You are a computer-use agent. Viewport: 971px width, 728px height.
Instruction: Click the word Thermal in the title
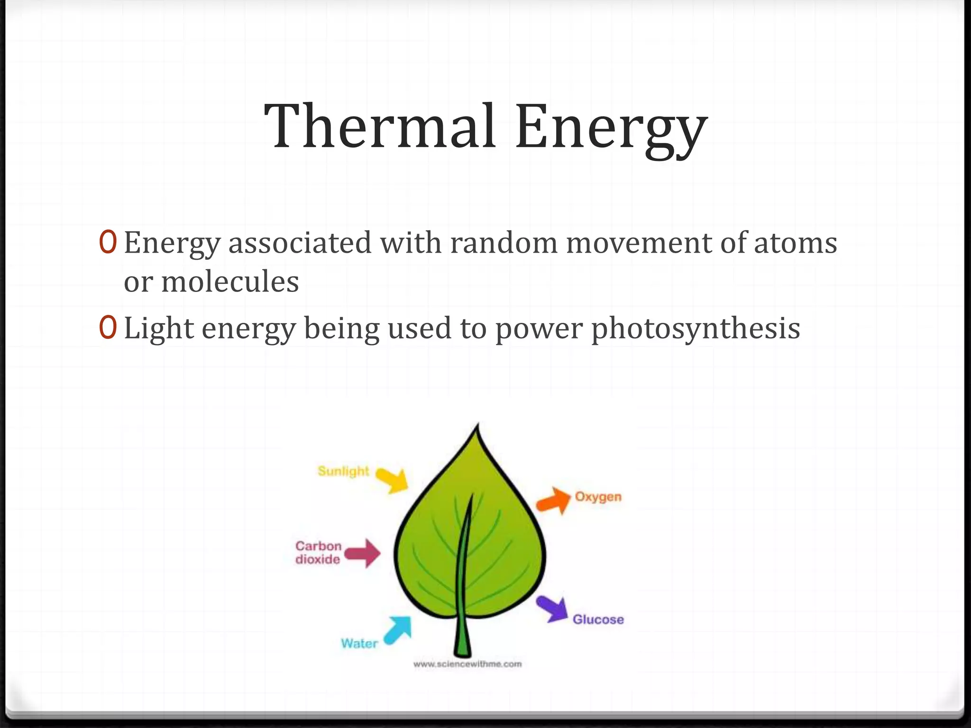pyautogui.click(x=380, y=127)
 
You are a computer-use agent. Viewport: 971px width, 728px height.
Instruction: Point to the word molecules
pyautogui.click(x=230, y=282)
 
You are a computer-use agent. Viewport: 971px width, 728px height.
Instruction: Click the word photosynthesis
pyautogui.click(x=696, y=329)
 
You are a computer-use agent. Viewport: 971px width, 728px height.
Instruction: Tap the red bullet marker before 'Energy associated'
pyautogui.click(x=108, y=242)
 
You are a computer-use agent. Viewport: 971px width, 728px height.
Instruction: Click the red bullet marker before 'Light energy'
pyautogui.click(x=108, y=328)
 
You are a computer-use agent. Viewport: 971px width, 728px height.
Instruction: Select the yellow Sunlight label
pyautogui.click(x=343, y=471)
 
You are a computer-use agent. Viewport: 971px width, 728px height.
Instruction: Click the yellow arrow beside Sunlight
pyautogui.click(x=393, y=480)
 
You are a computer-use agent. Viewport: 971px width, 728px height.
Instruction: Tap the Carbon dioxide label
pyautogui.click(x=318, y=553)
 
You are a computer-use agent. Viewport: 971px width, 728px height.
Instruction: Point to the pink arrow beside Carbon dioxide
pyautogui.click(x=363, y=553)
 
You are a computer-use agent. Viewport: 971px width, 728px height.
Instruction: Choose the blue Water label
pyautogui.click(x=359, y=643)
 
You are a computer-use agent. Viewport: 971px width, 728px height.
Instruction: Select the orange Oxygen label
pyautogui.click(x=598, y=497)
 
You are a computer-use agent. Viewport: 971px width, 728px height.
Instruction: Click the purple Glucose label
pyautogui.click(x=598, y=619)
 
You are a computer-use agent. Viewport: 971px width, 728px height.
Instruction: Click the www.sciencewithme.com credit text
pyautogui.click(x=467, y=664)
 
